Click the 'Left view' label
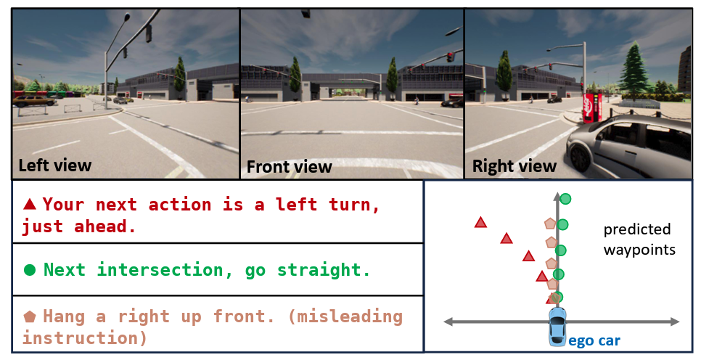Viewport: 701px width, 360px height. tap(54, 165)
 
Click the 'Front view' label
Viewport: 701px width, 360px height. tap(289, 167)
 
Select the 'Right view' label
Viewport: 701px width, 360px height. tap(514, 166)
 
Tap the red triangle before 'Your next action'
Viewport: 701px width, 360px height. tap(30, 204)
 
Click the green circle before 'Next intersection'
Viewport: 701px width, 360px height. tap(30, 270)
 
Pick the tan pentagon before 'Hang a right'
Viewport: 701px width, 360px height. tap(30, 316)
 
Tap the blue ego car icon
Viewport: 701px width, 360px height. tap(557, 324)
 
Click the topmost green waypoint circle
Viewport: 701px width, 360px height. tap(565, 199)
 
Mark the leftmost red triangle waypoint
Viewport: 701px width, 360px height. tap(480, 222)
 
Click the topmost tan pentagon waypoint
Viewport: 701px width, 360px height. tap(550, 225)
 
